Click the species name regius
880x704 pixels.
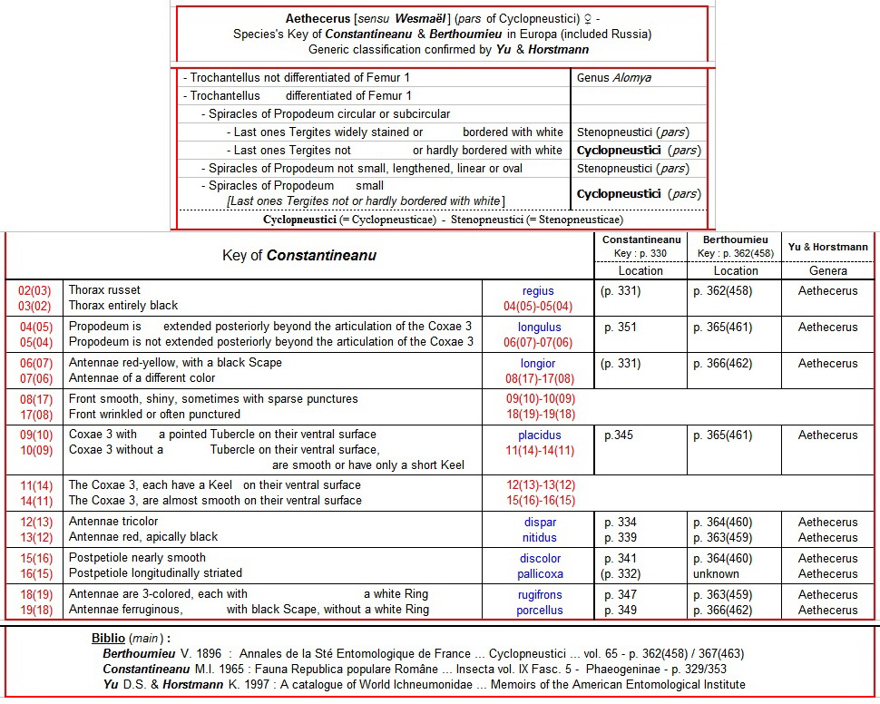click(x=538, y=291)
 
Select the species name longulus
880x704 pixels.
click(x=539, y=328)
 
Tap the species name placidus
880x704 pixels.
click(x=539, y=435)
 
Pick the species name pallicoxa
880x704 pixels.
click(x=540, y=573)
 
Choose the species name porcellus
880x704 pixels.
click(x=540, y=610)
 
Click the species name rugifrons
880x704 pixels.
click(x=540, y=595)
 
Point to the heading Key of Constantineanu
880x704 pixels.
click(x=299, y=256)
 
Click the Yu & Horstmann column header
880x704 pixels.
click(x=827, y=247)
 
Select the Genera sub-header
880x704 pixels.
click(x=827, y=271)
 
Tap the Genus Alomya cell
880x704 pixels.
click(x=614, y=78)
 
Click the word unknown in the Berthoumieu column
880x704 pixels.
click(x=714, y=573)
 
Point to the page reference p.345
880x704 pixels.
click(x=620, y=435)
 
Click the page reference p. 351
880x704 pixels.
click(x=621, y=328)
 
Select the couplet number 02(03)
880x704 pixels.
click(x=34, y=290)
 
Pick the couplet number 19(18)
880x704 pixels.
click(x=34, y=610)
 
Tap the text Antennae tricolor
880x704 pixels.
click(x=113, y=522)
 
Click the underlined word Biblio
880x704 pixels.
click(x=108, y=638)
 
